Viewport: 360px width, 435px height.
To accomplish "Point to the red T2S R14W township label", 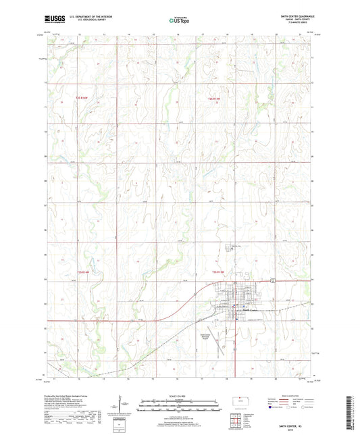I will point(82,99).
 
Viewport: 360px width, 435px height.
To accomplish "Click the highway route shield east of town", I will point(271,280).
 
